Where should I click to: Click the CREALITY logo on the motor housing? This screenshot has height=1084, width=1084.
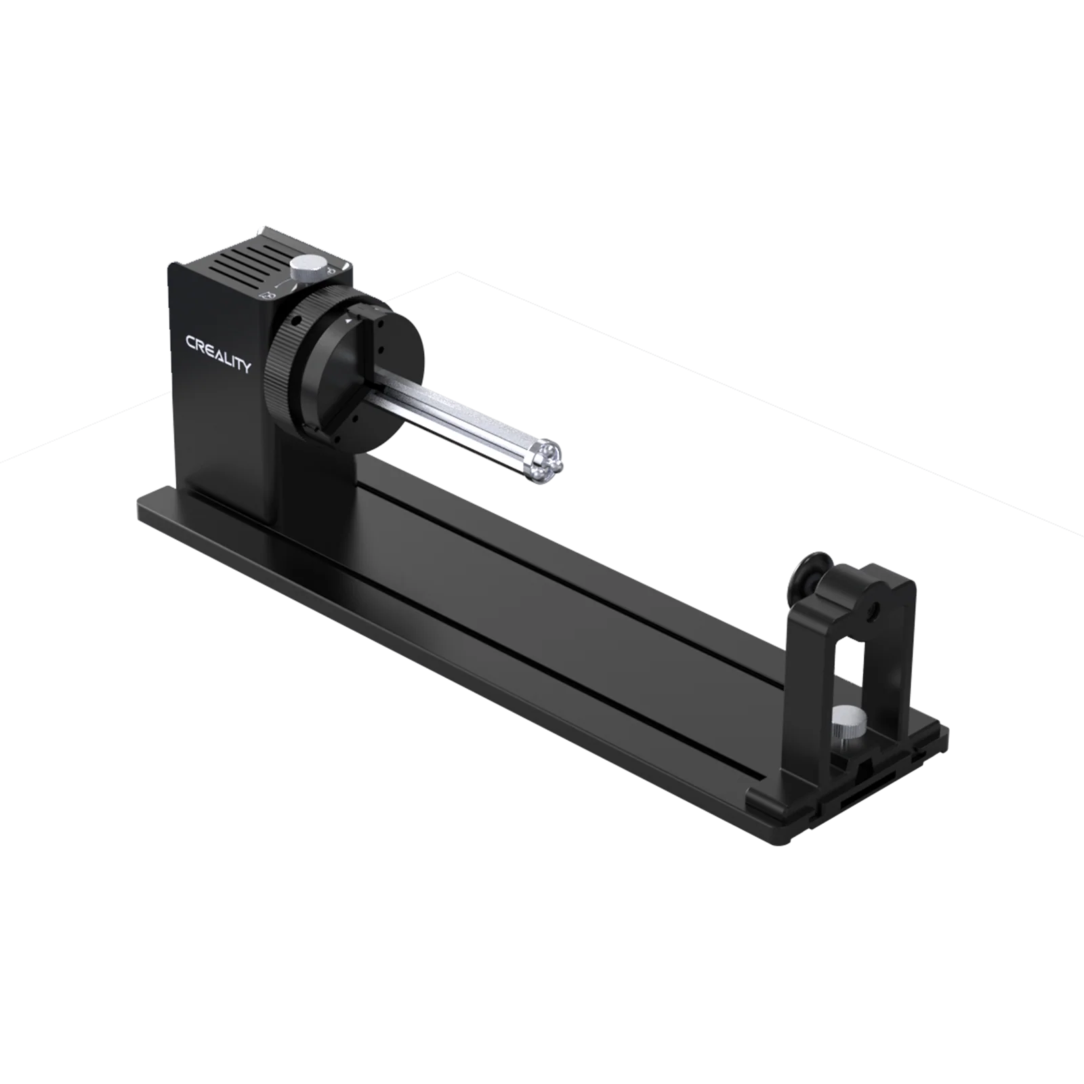click(218, 352)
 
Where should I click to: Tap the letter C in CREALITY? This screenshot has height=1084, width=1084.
click(192, 341)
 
